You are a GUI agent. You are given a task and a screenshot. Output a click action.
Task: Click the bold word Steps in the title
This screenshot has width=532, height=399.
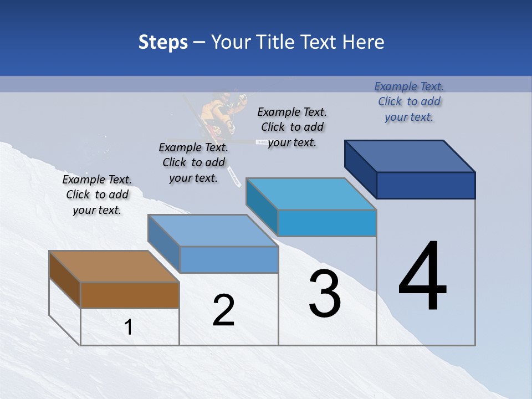point(163,42)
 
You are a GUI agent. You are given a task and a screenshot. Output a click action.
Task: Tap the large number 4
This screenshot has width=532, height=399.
point(422,277)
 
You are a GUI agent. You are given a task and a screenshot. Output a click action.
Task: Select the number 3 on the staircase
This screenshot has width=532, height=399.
point(325,294)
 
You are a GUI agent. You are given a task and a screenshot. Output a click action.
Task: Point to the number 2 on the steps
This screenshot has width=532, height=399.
point(224,310)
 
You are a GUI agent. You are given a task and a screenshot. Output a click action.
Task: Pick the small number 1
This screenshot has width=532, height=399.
point(129,328)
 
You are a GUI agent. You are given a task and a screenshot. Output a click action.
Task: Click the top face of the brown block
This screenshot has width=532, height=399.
point(114,267)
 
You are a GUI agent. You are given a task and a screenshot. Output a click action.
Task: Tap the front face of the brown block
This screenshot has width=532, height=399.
point(130,295)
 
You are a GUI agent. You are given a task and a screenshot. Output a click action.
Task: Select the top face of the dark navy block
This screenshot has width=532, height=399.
point(410,156)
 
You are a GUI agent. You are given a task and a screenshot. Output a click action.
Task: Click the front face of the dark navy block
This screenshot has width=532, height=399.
point(426,185)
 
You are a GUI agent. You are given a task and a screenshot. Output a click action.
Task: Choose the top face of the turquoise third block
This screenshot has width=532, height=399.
point(311,194)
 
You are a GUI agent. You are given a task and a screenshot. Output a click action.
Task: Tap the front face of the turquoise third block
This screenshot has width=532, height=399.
point(327,223)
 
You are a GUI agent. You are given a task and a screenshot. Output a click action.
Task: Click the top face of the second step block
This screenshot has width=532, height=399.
point(213,231)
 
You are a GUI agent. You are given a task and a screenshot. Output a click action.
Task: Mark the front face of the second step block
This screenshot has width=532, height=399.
point(229,259)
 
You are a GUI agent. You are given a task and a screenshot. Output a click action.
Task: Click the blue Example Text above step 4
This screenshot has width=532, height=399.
point(409,101)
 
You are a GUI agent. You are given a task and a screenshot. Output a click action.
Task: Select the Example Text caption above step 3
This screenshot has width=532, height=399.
point(292,127)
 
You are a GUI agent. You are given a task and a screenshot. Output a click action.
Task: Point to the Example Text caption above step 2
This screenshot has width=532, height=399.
point(193,162)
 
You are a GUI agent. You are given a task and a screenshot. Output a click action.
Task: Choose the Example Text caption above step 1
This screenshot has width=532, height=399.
point(97,195)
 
